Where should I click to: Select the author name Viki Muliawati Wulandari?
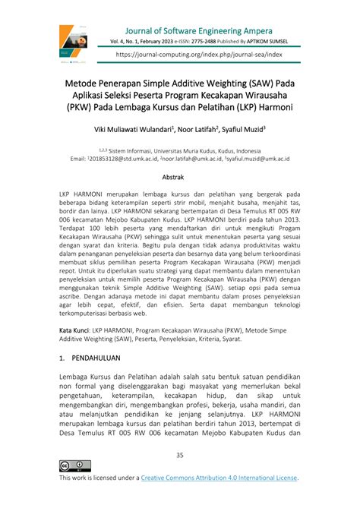pyautogui.click(x=134, y=130)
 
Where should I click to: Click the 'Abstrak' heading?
pyautogui.click(x=179, y=176)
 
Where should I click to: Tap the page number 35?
pyautogui.click(x=179, y=455)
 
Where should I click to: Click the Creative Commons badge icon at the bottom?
pyautogui.click(x=75, y=465)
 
